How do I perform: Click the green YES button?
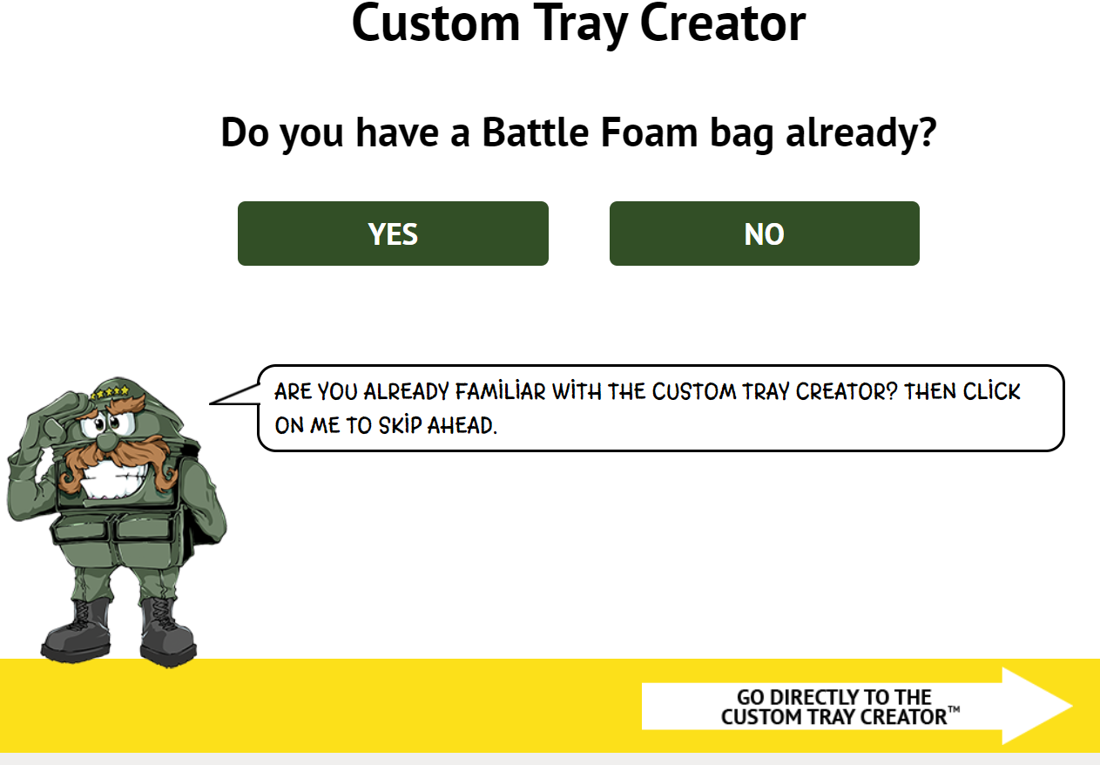[x=393, y=234]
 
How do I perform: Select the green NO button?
[x=764, y=234]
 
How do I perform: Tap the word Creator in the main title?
[x=723, y=23]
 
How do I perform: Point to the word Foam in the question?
[x=649, y=132]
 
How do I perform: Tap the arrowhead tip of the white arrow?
[x=1072, y=706]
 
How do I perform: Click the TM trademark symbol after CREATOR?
[x=954, y=709]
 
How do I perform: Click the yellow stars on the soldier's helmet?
[x=111, y=392]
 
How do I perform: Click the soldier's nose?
[x=106, y=440]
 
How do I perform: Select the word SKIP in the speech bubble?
[x=400, y=425]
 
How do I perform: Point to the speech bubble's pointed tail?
[x=211, y=403]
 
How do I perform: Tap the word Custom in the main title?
[x=436, y=23]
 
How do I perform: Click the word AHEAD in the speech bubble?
[x=462, y=425]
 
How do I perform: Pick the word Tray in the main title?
[x=580, y=24]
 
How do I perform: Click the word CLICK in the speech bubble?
[x=992, y=392]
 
